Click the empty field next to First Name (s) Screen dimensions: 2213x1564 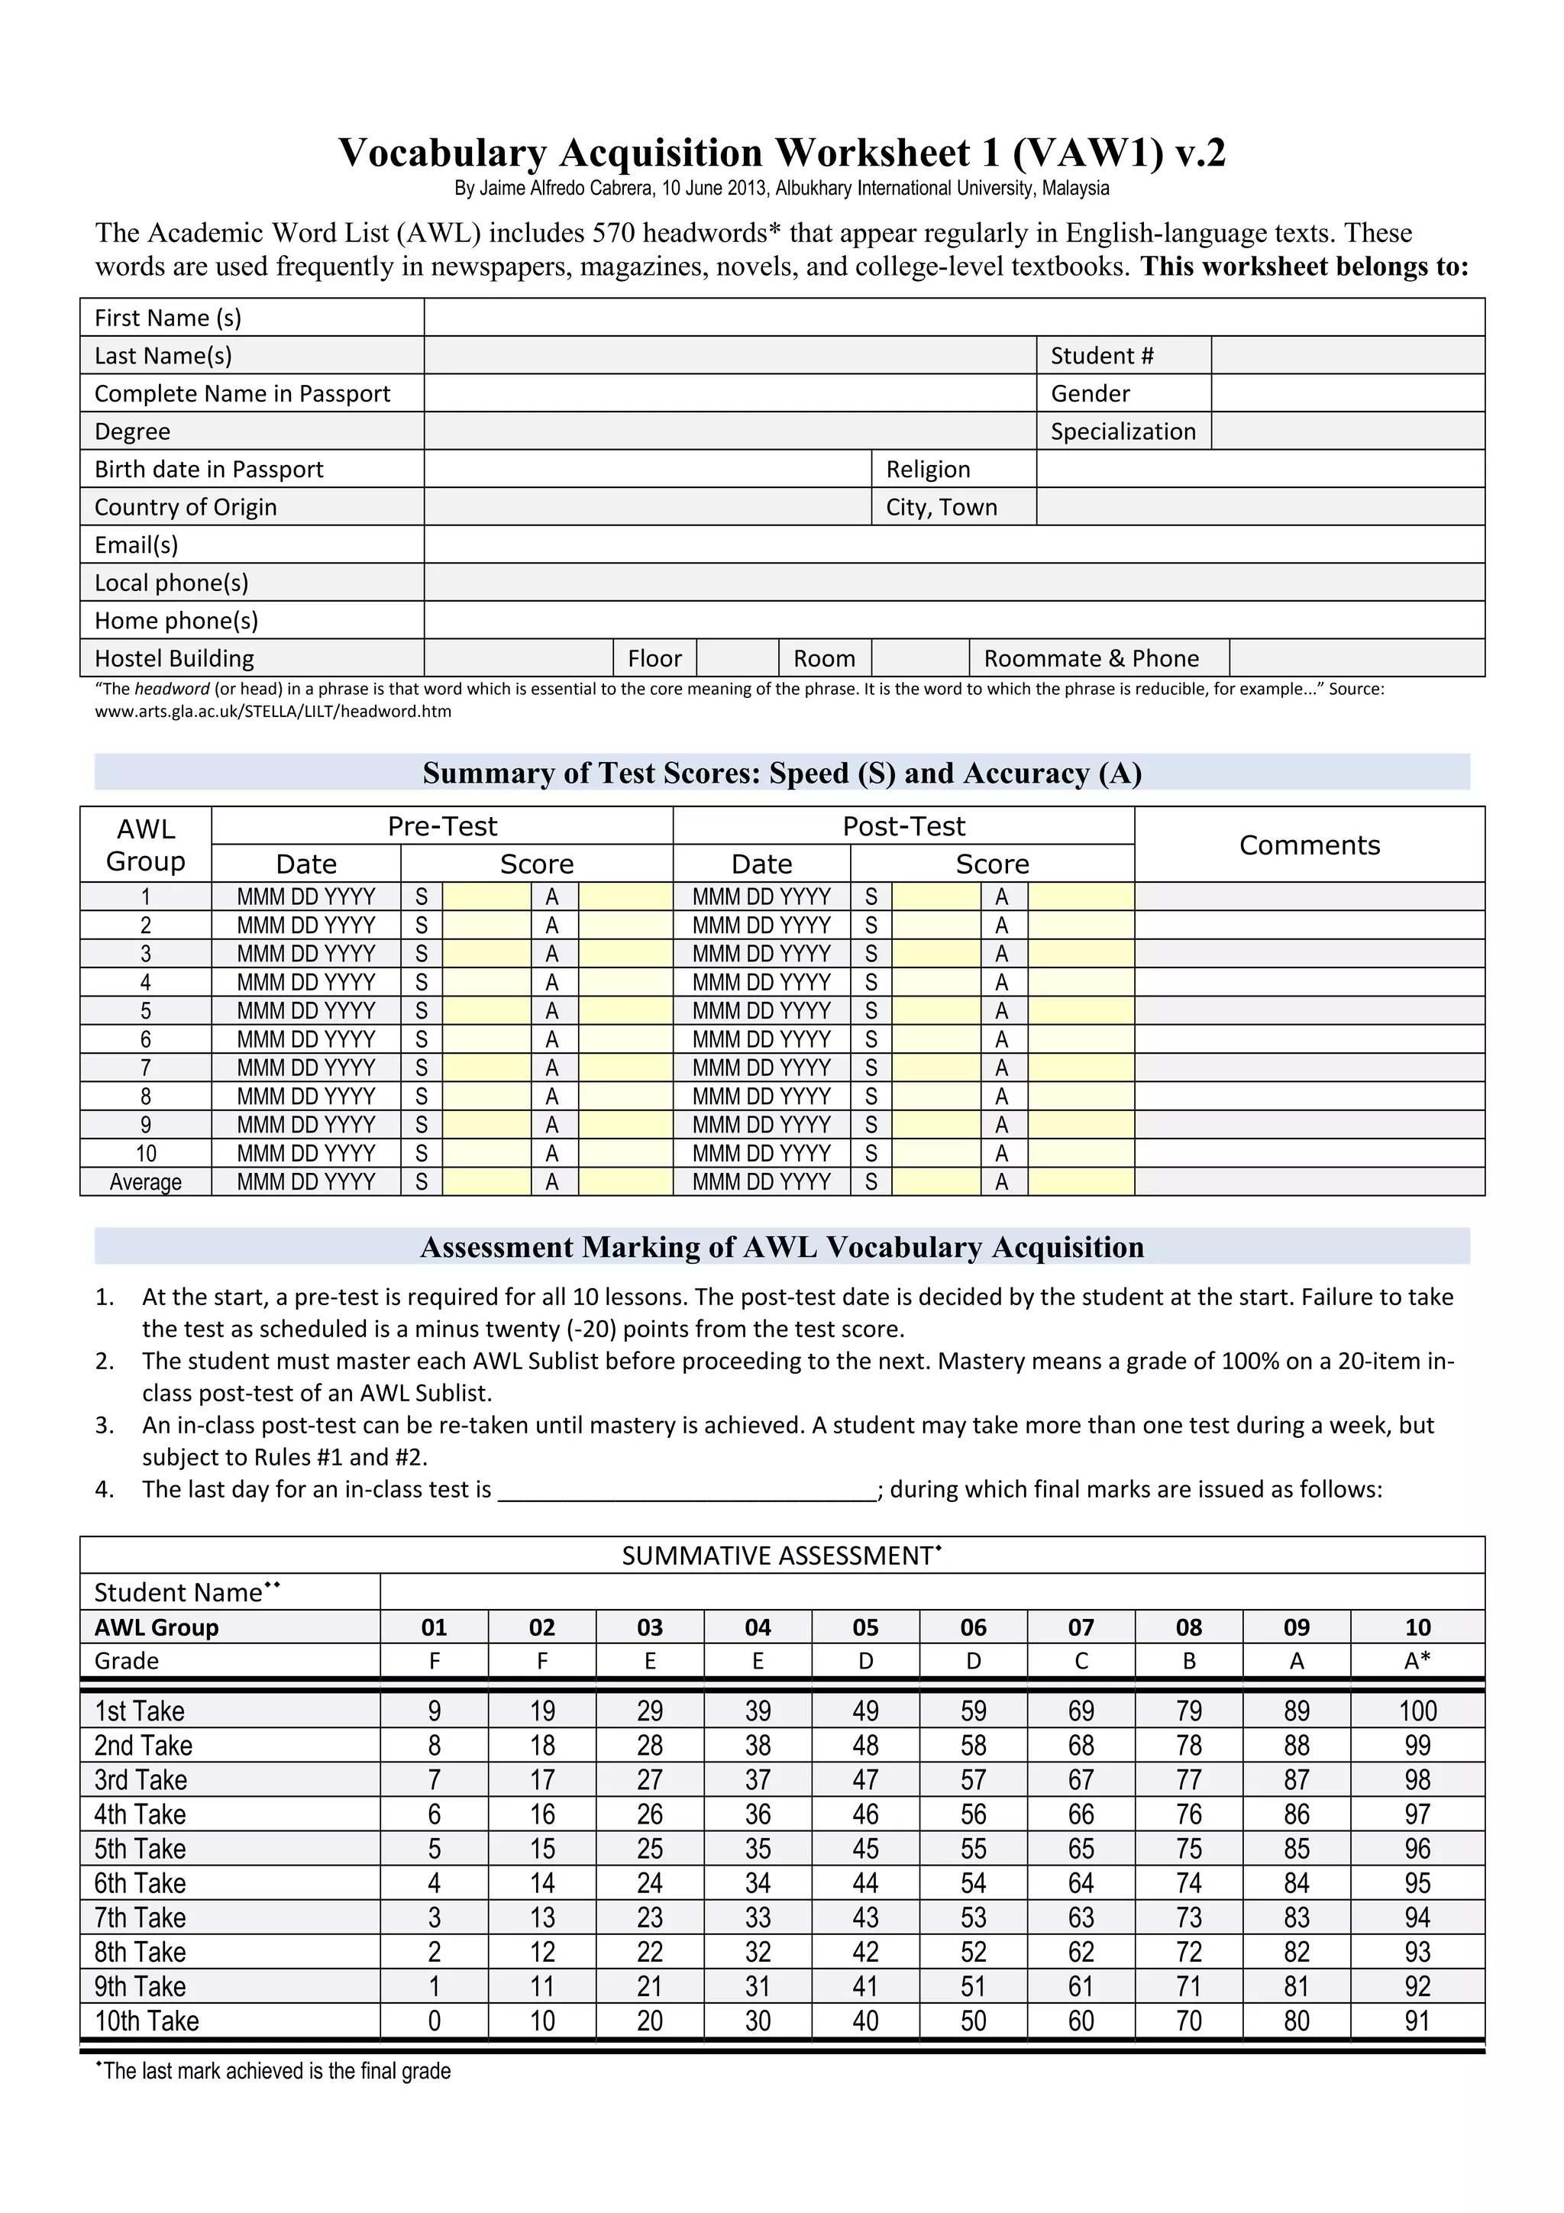pos(954,317)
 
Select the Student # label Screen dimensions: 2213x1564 pos(1101,356)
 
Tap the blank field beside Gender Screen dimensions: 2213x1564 pos(1347,393)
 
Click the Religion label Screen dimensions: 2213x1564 pos(928,470)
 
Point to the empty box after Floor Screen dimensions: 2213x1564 pos(737,658)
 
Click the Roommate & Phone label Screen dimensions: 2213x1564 pos(1091,658)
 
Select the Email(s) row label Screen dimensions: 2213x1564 pos(136,544)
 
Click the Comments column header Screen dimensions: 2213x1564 pos(1309,845)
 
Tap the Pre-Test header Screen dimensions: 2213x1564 pos(442,826)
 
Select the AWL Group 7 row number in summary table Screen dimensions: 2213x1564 pos(146,1068)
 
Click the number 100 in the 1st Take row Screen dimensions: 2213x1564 pos(1417,1711)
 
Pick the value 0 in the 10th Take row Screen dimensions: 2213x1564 pos(435,2021)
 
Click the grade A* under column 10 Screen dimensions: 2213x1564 pos(1417,1661)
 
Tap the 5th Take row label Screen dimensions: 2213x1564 pos(141,1849)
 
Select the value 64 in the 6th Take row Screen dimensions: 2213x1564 pos(1081,1883)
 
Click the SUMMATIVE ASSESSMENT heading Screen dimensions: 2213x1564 pos(780,1556)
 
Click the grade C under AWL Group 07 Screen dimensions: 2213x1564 pos(1081,1661)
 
